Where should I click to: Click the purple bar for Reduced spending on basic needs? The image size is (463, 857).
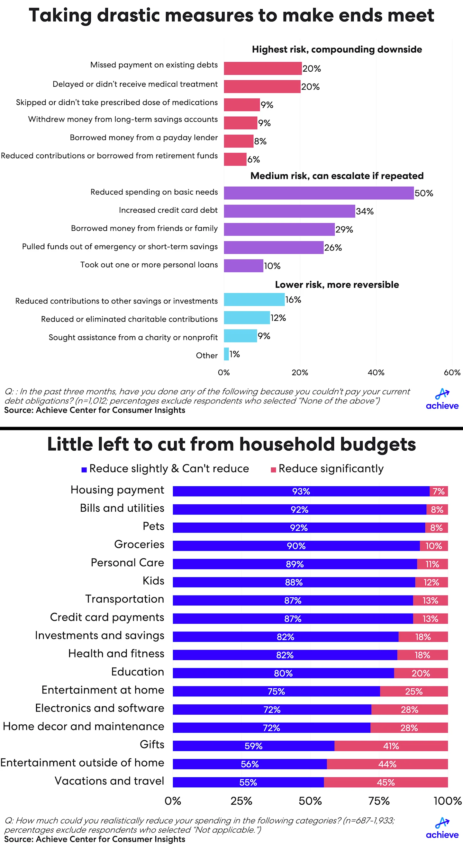tap(318, 193)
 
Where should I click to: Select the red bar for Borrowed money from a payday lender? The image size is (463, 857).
tap(239, 141)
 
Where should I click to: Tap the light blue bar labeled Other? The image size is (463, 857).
tap(226, 354)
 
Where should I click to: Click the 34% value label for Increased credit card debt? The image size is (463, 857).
tap(365, 211)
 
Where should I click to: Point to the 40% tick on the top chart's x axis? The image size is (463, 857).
tap(376, 373)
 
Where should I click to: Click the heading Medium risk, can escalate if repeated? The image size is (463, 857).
tap(337, 176)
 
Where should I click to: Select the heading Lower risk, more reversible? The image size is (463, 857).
tap(337, 285)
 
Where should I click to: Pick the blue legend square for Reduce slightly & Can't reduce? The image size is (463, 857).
tap(84, 470)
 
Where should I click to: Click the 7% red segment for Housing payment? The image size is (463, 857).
tap(438, 491)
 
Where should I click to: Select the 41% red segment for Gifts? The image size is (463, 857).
tap(391, 746)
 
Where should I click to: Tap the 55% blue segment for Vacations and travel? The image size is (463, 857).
tap(248, 782)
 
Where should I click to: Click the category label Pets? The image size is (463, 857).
tap(153, 526)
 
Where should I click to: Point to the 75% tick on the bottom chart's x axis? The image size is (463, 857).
tap(379, 801)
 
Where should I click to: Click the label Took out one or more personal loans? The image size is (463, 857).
tap(149, 265)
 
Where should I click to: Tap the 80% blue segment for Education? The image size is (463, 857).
tap(283, 673)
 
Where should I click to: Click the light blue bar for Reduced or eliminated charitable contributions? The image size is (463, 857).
tap(247, 318)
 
